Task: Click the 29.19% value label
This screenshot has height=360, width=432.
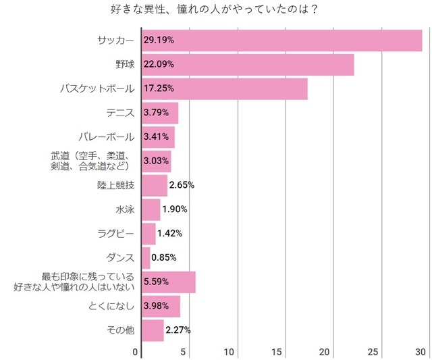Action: point(159,41)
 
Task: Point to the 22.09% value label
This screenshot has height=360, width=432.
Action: point(159,65)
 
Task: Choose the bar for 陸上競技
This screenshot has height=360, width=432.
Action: point(155,185)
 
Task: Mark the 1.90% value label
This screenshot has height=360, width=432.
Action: point(175,209)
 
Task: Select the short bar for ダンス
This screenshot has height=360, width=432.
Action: point(146,257)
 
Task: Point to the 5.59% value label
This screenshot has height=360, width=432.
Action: point(157,282)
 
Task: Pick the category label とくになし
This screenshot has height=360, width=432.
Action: point(111,306)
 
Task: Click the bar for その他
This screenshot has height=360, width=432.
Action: point(153,330)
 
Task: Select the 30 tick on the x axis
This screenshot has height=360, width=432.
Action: point(421,352)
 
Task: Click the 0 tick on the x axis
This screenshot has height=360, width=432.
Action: point(136,352)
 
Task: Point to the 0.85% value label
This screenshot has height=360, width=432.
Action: point(165,257)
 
